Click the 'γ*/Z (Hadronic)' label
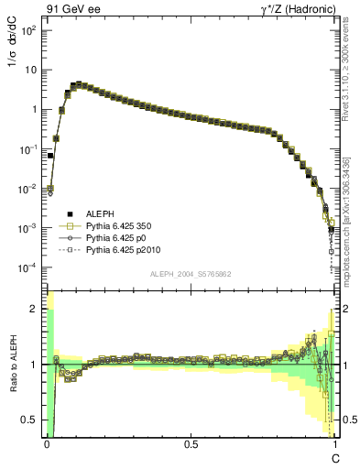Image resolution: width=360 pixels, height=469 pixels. (298, 10)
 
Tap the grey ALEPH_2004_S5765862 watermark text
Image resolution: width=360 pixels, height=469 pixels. (190, 275)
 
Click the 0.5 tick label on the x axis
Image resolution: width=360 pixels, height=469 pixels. (191, 443)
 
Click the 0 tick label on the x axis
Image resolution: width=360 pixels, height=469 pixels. (47, 443)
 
